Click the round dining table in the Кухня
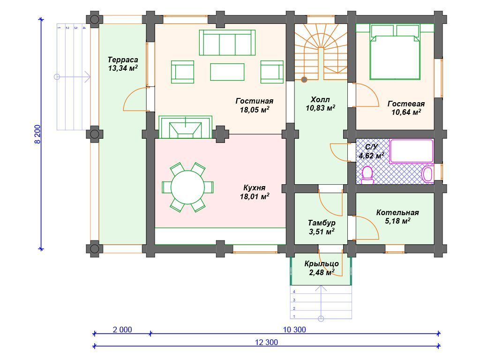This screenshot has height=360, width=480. point(187,187)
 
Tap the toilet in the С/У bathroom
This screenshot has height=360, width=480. point(367,175)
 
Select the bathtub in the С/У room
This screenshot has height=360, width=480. point(411,151)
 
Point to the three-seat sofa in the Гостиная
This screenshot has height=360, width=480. point(227,43)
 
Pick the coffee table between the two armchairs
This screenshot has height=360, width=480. point(227,72)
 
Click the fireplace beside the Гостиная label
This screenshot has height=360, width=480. point(185,127)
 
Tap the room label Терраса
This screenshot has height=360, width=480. point(123,60)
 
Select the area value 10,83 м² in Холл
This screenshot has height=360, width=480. point(320,108)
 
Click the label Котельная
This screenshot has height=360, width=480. point(397,212)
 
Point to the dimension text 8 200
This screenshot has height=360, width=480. point(37,134)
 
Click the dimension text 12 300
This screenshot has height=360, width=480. point(266,342)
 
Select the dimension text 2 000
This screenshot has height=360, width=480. point(122,330)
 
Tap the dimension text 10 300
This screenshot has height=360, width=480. point(294,330)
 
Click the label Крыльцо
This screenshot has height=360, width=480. point(322,263)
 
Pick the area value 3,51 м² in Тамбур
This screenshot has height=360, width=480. point(322,232)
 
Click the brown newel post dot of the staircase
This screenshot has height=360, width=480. point(304,80)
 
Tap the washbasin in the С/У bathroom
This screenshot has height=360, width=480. point(427,174)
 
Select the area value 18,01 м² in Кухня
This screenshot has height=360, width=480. point(255,196)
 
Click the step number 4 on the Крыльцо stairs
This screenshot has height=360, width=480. point(294,292)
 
